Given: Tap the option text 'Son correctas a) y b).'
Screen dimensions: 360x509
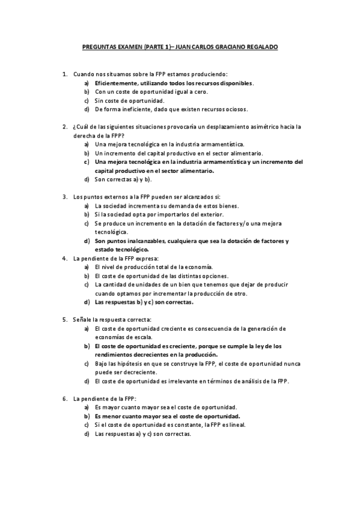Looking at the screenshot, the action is click(124, 179).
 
